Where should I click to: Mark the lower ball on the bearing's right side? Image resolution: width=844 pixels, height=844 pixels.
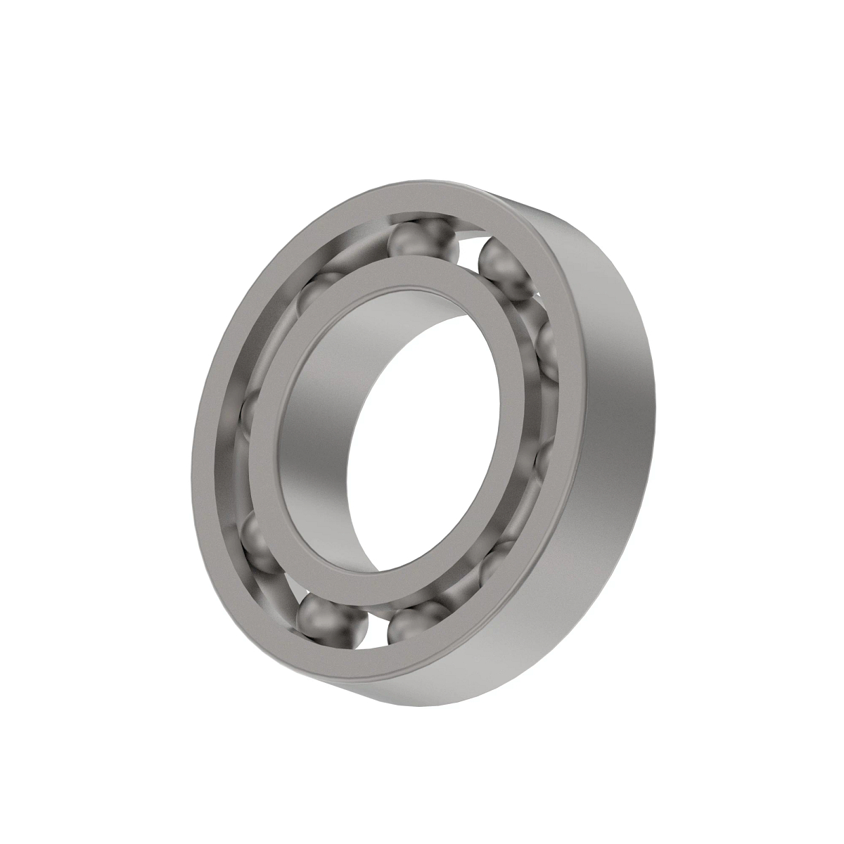[544, 457]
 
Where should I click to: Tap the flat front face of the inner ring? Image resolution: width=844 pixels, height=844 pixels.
[281, 394]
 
